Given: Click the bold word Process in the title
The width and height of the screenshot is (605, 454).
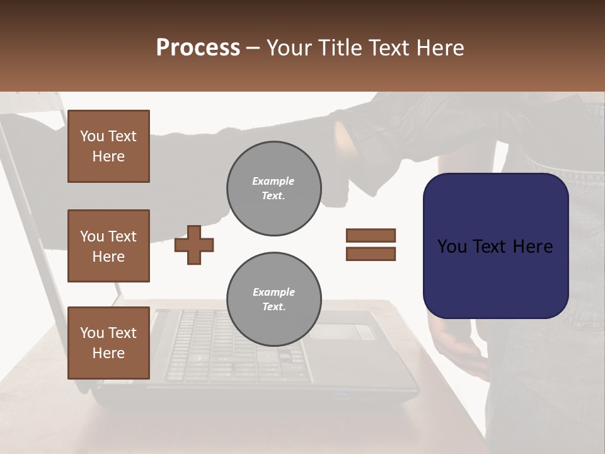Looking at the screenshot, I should pos(198,48).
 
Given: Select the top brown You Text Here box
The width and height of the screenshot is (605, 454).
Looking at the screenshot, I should pos(108,146).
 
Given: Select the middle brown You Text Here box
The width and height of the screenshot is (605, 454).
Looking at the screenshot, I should pos(108,246).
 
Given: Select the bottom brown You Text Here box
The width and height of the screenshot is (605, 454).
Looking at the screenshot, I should pos(108,343).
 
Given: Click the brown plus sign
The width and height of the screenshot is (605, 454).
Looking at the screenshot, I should pos(194,245).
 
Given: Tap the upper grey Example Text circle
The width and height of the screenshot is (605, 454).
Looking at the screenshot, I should pos(274,189).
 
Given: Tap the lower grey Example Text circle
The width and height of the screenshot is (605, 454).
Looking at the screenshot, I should pos(274,300).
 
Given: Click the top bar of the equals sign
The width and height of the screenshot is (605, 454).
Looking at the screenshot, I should pos(371,235).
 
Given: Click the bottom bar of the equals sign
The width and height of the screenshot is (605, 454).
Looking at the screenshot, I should pos(371,254).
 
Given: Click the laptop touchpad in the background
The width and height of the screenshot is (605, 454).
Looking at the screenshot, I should pos(342,331).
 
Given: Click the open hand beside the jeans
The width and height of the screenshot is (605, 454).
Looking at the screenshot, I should pos(457,344).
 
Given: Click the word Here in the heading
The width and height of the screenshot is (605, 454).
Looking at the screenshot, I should pos(439,48).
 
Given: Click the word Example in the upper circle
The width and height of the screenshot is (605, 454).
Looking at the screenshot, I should pos(274,181).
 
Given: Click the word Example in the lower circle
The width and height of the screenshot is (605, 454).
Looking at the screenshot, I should pos(274,292).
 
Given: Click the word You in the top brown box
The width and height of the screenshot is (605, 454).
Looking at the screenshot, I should pos(91,136).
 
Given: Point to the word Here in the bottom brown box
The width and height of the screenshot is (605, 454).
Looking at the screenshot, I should pos(108,353).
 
